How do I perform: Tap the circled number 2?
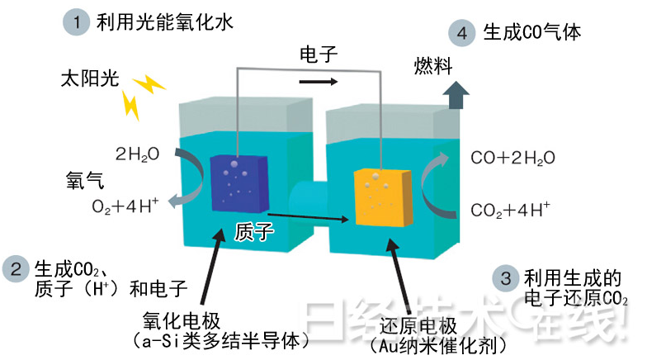tap(16, 269)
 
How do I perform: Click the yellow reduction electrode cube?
tap(383, 197)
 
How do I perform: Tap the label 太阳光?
tap(90, 80)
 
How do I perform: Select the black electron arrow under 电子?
tap(319, 82)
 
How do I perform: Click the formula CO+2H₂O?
tap(512, 158)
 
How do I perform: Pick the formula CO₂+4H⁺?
tap(510, 209)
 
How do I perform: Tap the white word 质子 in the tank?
tap(254, 231)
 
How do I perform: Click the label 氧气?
tap(84, 180)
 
